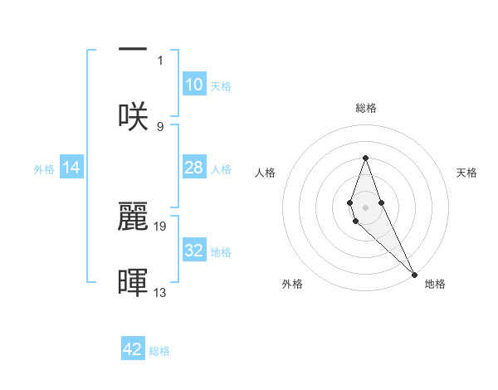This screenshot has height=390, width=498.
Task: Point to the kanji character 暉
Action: pos(133,281)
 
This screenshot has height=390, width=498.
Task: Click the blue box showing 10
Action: pos(193,85)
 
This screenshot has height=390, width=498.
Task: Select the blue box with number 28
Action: pos(193,168)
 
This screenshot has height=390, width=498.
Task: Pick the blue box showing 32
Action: pos(193,251)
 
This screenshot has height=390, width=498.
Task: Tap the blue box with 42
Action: pos(133,349)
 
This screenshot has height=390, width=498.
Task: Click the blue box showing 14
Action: pos(71,168)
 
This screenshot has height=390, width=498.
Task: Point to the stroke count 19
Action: pos(161,225)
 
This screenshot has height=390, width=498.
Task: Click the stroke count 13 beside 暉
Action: pos(161,292)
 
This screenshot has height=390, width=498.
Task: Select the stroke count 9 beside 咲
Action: pos(160,126)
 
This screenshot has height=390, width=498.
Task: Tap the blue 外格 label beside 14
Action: pos(44,169)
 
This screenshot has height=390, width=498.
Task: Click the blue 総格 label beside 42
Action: pos(159,351)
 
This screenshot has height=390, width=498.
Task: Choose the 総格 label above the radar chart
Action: pos(365,108)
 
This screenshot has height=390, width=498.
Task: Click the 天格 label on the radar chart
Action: pos(466,173)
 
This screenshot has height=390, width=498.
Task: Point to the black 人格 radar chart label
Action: pos(265,173)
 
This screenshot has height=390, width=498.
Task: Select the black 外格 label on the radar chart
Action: pos(292,284)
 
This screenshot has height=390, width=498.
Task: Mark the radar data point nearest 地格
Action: pos(414,275)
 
